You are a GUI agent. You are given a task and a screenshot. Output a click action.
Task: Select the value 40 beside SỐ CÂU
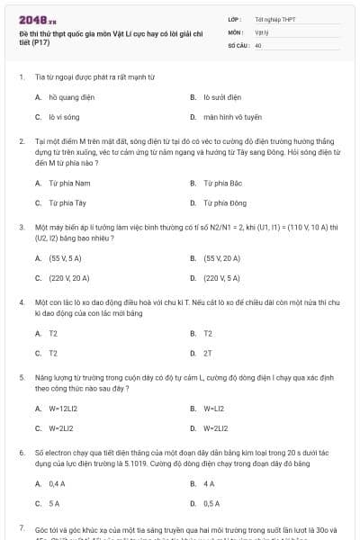[258, 44]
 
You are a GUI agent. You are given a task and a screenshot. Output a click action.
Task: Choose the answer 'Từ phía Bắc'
[220, 183]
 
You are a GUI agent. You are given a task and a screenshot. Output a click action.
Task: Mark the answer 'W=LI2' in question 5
[213, 408]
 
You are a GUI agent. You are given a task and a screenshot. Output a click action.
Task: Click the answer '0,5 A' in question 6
[211, 504]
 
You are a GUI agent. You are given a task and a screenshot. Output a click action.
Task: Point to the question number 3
[21, 228]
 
